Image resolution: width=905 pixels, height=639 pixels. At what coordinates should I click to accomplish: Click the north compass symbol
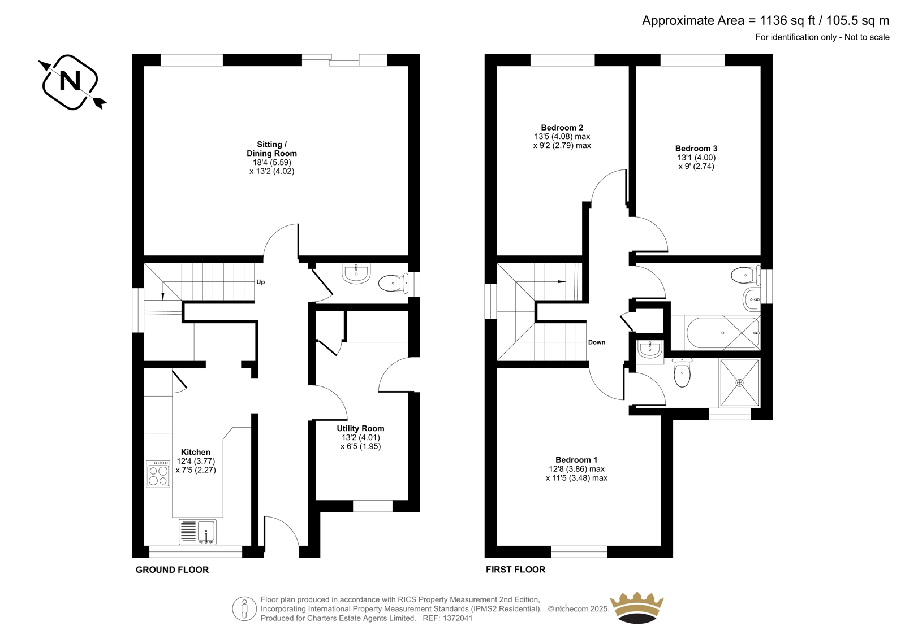(x=72, y=82)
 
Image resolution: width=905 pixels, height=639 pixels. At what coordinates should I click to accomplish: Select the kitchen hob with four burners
(x=158, y=474)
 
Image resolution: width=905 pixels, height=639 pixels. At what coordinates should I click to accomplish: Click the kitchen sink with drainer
(x=197, y=532)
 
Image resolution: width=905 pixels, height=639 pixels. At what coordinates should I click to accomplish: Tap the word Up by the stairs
(x=261, y=282)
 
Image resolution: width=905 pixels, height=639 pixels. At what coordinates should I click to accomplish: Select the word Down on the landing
(x=597, y=342)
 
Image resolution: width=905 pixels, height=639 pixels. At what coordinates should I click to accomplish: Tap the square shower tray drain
(x=739, y=382)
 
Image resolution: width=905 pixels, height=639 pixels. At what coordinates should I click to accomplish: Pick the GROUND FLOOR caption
(x=172, y=570)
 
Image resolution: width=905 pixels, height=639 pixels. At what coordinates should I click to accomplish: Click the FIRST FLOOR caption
(x=515, y=570)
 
